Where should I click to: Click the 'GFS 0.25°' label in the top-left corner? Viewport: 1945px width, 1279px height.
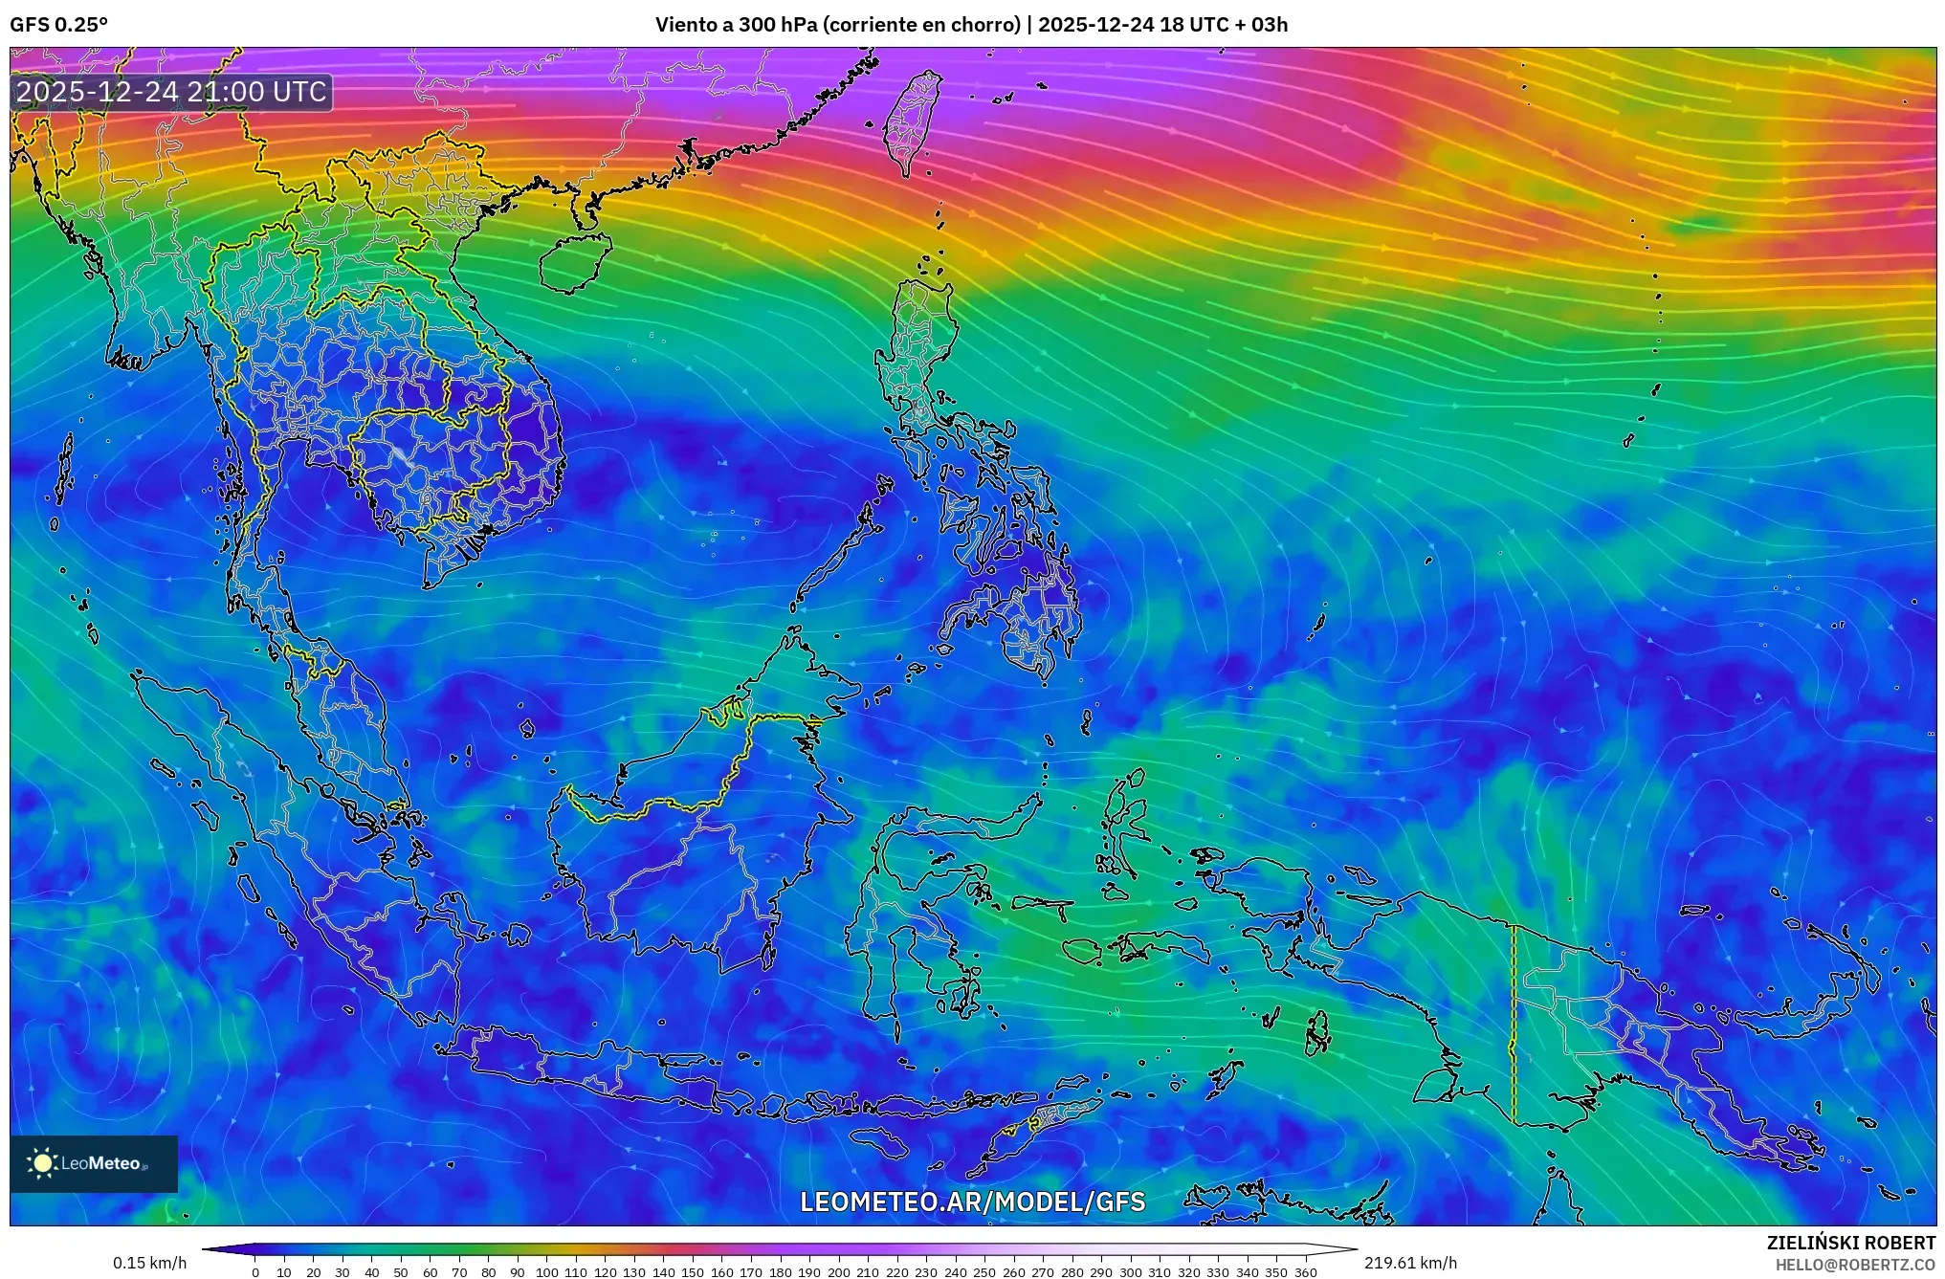point(58,25)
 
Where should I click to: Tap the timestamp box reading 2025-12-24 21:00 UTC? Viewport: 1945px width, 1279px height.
point(172,92)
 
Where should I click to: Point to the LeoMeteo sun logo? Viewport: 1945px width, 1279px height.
point(42,1163)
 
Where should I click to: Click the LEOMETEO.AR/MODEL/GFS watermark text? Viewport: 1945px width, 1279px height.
point(972,1202)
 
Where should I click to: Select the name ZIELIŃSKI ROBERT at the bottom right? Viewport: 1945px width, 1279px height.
point(1850,1243)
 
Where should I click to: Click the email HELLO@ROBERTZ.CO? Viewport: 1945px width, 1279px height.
point(1855,1265)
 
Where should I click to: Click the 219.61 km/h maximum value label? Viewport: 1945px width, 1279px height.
point(1410,1263)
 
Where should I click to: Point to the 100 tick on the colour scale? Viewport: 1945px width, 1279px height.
point(546,1272)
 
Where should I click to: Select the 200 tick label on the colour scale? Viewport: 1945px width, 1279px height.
point(838,1272)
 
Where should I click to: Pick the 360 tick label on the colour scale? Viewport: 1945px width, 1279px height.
point(1305,1272)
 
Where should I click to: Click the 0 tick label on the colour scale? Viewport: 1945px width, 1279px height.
point(254,1272)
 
